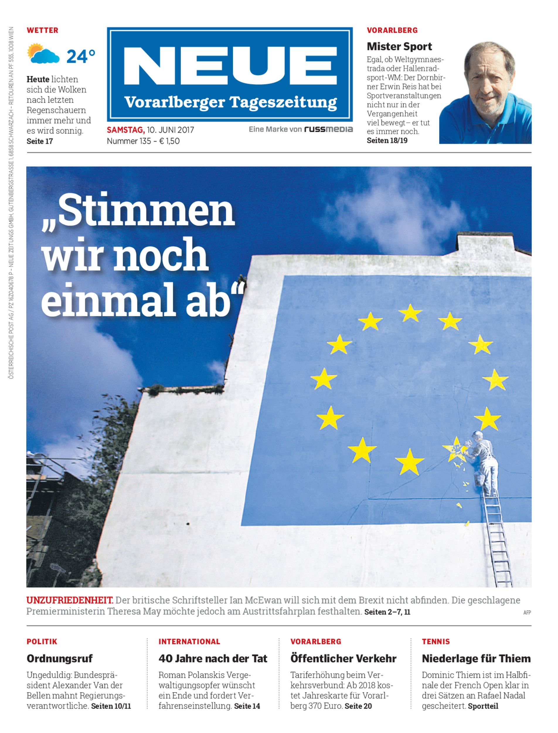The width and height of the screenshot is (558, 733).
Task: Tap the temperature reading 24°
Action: click(x=81, y=56)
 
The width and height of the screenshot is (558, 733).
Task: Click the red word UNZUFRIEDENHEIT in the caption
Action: click(x=70, y=600)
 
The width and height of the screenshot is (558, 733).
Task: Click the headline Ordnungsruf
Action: click(x=59, y=659)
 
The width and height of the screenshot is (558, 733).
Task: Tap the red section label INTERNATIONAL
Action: click(x=189, y=642)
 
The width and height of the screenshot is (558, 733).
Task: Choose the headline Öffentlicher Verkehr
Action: click(x=343, y=659)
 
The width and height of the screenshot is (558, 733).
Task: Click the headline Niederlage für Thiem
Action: click(x=476, y=659)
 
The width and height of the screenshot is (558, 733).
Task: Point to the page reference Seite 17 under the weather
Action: click(x=40, y=141)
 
